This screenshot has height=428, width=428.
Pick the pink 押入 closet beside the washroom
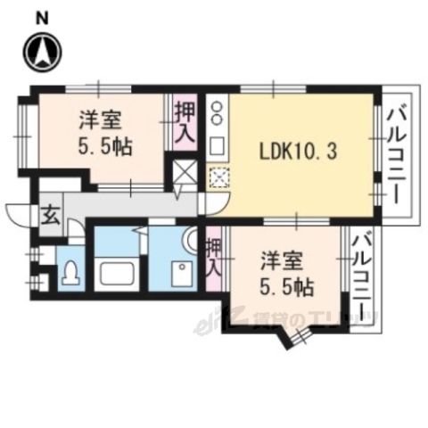[214, 255]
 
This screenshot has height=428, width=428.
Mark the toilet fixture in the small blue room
[70, 272]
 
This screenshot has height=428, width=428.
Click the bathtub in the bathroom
[117, 273]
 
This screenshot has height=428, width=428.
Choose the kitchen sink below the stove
[218, 144]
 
